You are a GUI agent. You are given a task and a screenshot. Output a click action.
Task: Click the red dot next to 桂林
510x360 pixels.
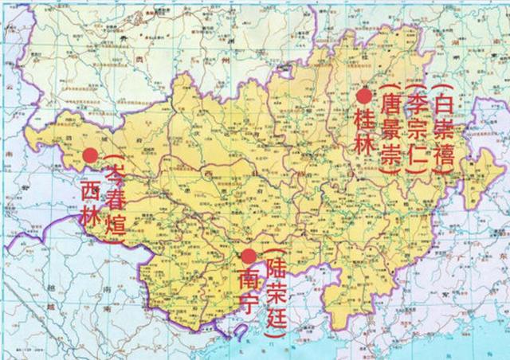click(x=364, y=96)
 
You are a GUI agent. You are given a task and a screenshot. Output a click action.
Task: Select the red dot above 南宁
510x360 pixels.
click(x=249, y=256)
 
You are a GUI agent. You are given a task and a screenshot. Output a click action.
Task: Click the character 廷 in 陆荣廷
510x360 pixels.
click(x=276, y=314)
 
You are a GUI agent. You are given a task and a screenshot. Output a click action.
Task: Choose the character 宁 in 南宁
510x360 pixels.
click(x=248, y=304)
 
